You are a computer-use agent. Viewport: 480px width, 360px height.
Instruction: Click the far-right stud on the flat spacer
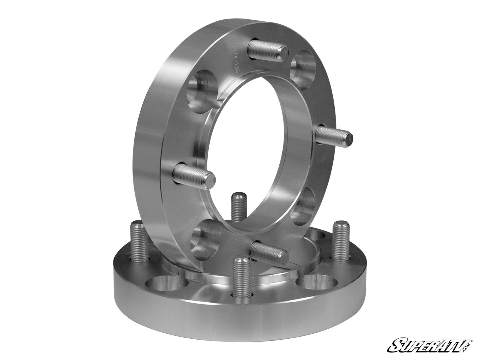point(341,240)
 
